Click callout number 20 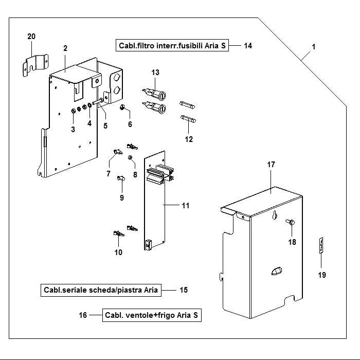pos(31,36)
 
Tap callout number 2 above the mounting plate pos(65,48)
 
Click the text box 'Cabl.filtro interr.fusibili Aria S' pos(172,45)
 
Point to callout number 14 pos(247,46)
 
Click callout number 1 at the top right pos(313,47)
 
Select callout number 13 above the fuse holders pos(155,71)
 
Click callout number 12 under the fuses pos(189,139)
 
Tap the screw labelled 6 pos(124,107)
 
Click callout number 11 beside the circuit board pos(185,206)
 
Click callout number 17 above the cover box pos(271,165)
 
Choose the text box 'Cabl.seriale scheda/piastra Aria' pos(100,290)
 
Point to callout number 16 pos(83,315)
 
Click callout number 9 pos(122,197)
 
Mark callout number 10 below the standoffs pos(118,252)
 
